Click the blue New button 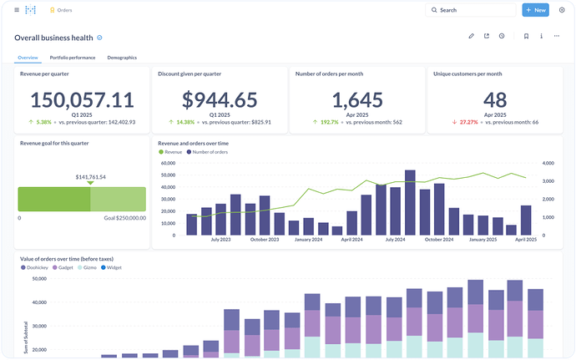[535, 10]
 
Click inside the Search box [471, 10]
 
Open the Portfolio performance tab [73, 58]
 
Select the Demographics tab [122, 58]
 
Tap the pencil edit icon [472, 36]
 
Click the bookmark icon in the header [526, 36]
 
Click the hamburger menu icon [17, 10]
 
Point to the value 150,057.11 [82, 100]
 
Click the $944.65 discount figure [220, 100]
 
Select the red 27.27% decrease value [469, 122]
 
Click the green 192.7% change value [330, 122]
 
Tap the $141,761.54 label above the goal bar [90, 177]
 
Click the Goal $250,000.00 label [125, 218]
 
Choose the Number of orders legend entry [207, 152]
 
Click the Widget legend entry [111, 267]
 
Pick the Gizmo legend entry [87, 267]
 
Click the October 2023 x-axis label [265, 240]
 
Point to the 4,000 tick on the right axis [548, 163]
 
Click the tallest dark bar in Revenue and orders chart [410, 203]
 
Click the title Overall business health [53, 38]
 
